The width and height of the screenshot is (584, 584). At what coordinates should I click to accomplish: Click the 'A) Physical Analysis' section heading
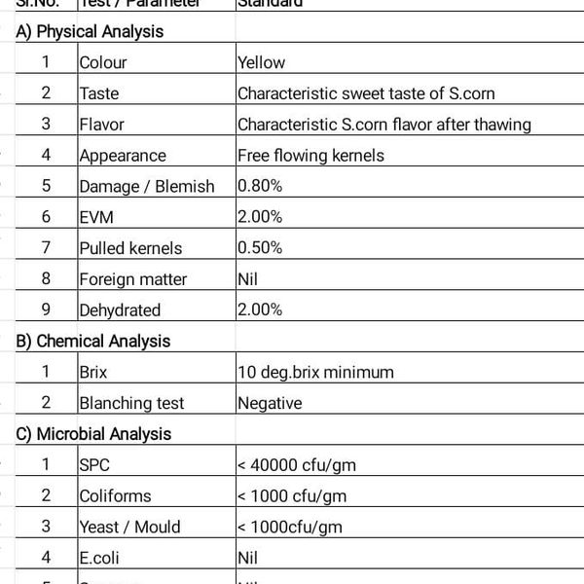pos(90,31)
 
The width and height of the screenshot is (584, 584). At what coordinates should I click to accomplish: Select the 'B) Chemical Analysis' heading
pos(92,341)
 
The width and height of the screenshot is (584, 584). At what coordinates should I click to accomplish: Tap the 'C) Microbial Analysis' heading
pos(93,434)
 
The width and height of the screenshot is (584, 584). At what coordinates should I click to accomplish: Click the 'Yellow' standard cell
pos(261,62)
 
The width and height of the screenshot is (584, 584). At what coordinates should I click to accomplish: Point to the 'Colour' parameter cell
pos(103,62)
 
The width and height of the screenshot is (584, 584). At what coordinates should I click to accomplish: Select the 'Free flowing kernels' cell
pos(310,156)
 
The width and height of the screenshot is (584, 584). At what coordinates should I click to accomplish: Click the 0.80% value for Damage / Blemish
pos(260,186)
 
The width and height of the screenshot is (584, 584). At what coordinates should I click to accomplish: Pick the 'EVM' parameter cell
pos(97,217)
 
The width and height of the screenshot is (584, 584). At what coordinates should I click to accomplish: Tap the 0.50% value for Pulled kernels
pos(260,248)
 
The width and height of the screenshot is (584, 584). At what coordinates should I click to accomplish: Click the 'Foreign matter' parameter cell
pos(133,279)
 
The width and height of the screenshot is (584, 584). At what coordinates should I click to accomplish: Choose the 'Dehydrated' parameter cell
pos(120,310)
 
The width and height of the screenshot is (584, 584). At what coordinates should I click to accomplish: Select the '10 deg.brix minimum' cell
pos(315,372)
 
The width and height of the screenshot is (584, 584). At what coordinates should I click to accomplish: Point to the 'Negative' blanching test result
pos(269,403)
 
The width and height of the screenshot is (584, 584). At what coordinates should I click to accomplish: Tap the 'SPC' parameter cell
pos(95,465)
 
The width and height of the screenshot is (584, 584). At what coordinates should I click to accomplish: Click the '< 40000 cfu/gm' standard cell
pos(296,465)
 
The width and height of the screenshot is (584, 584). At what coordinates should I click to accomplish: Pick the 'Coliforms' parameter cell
pos(115,496)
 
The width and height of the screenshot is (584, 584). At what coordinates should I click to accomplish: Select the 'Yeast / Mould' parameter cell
pos(129,528)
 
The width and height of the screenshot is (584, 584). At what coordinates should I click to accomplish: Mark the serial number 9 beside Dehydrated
pos(46,310)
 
